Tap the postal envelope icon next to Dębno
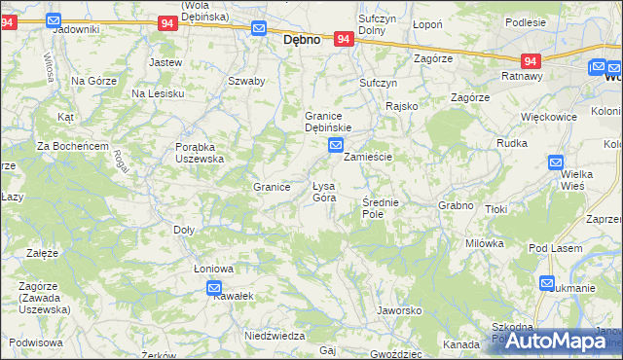click(258, 28)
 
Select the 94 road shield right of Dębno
click(343, 39)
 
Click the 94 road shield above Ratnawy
click(531, 59)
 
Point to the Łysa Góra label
click(324, 192)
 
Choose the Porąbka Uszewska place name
click(201, 152)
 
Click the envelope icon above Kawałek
click(214, 287)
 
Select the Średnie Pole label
click(380, 207)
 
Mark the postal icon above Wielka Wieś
click(555, 162)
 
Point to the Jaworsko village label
click(398, 310)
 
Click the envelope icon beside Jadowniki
click(53, 18)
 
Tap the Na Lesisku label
click(158, 92)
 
